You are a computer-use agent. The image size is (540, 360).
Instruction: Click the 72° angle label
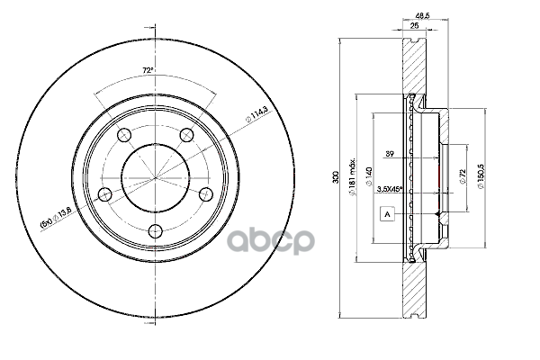[148, 69]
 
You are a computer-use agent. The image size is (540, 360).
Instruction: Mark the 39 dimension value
[390, 154]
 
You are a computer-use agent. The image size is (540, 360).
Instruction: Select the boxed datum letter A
[387, 214]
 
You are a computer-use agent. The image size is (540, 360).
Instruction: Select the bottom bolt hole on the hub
[155, 229]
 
